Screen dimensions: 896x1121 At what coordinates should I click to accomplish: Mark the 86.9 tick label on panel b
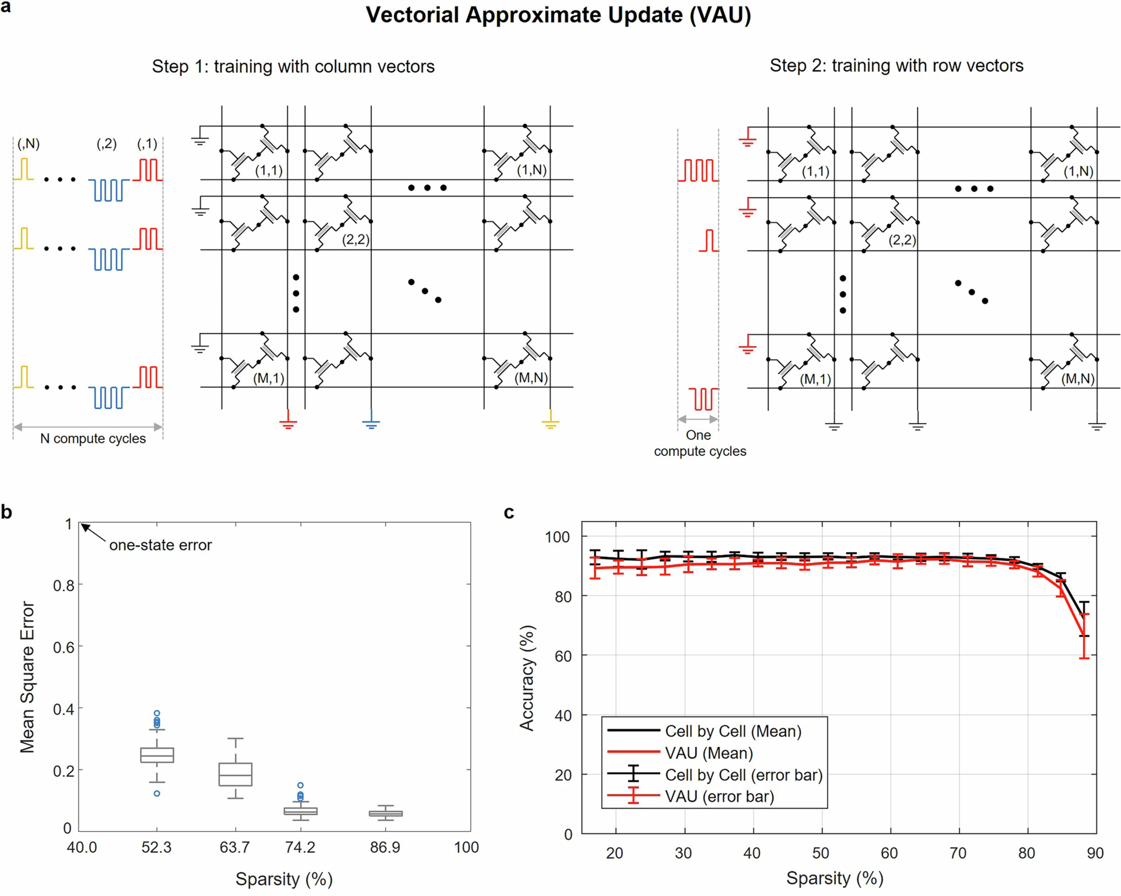[x=385, y=848]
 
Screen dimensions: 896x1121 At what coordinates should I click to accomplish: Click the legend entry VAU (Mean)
[x=709, y=753]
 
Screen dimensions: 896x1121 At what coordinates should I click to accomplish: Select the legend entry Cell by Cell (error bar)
[x=743, y=775]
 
